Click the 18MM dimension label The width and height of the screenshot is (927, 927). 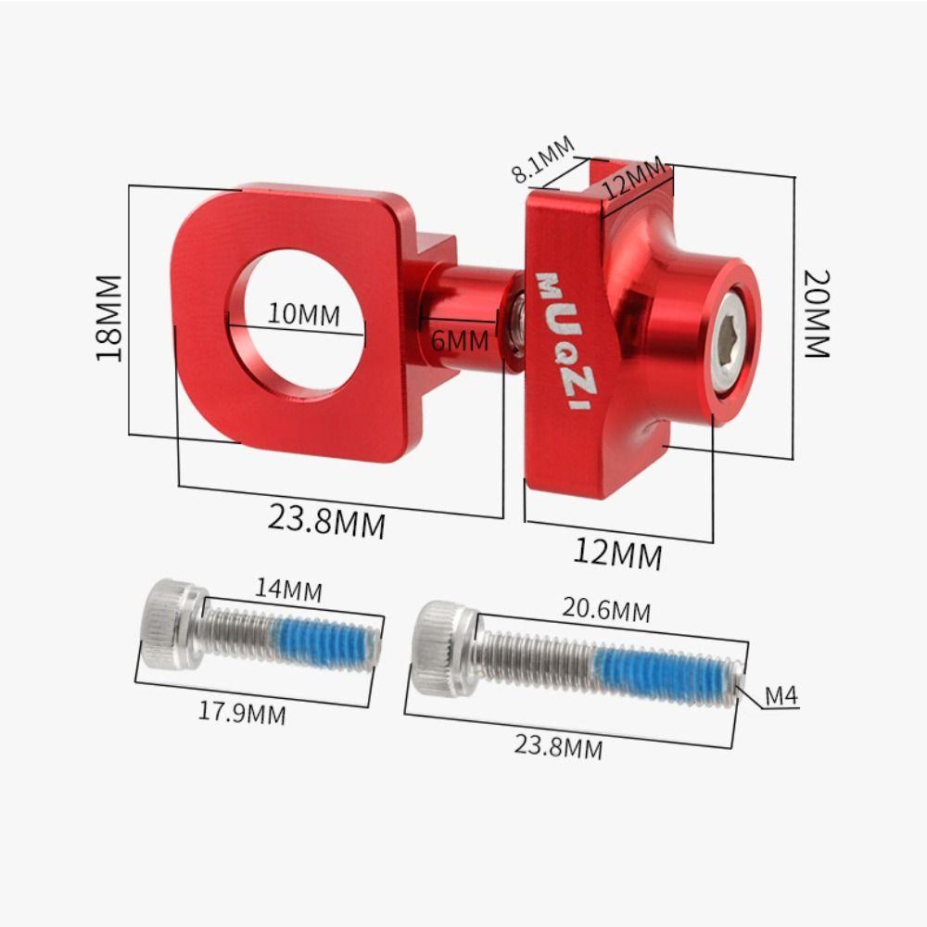click(x=109, y=317)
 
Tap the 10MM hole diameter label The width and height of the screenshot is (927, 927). click(x=303, y=314)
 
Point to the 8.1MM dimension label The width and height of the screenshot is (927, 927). click(x=543, y=160)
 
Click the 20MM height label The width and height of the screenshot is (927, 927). click(x=816, y=313)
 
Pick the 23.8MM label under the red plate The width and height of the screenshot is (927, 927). click(x=326, y=521)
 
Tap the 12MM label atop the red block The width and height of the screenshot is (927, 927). click(x=633, y=176)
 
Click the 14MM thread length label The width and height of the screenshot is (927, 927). click(x=289, y=589)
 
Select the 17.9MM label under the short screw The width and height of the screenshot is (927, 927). click(x=242, y=713)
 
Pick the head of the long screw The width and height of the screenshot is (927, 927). click(x=442, y=647)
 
